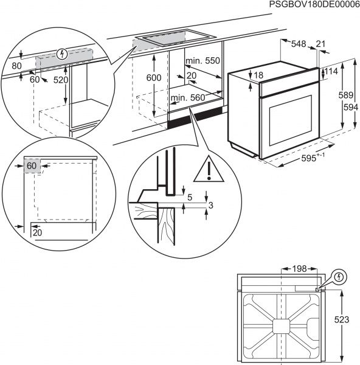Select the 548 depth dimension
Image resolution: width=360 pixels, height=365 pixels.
coord(298,44)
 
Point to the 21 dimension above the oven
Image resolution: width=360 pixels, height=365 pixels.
coord(320,44)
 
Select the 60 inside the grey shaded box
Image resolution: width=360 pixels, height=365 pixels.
coord(32,165)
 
